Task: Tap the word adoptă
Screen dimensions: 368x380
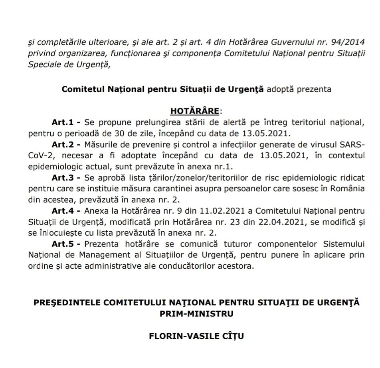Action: [x=280, y=89]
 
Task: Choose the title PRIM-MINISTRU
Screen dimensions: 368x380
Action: [x=197, y=314]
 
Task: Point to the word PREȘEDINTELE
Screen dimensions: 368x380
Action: [x=65, y=303]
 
